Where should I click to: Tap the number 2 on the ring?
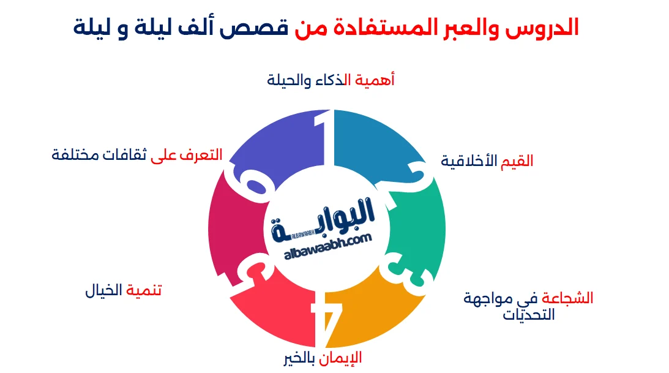point(422,178)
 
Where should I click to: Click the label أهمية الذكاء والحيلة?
point(331,80)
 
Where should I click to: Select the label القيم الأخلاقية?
point(487,161)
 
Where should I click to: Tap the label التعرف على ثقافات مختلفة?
point(137,155)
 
